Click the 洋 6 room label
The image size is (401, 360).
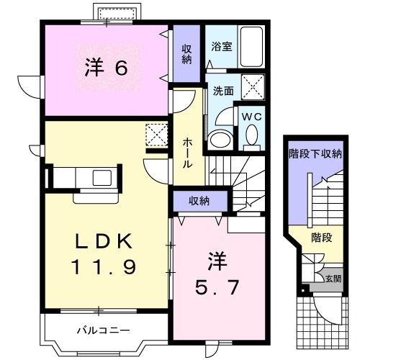tap(107, 68)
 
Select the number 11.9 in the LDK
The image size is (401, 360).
tap(104, 268)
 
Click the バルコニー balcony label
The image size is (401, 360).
tap(103, 331)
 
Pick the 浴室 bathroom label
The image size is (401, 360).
tap(220, 46)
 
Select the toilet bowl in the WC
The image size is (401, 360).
tap(251, 134)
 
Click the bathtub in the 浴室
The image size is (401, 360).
tap(251, 46)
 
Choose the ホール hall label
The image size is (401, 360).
tap(187, 153)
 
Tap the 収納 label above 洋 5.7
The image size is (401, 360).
tap(199, 199)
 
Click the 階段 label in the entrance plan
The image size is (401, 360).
tap(321, 237)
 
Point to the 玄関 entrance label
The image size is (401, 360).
tap(333, 278)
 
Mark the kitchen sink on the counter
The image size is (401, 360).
tap(100, 176)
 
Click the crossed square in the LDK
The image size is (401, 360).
tap(156, 135)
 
